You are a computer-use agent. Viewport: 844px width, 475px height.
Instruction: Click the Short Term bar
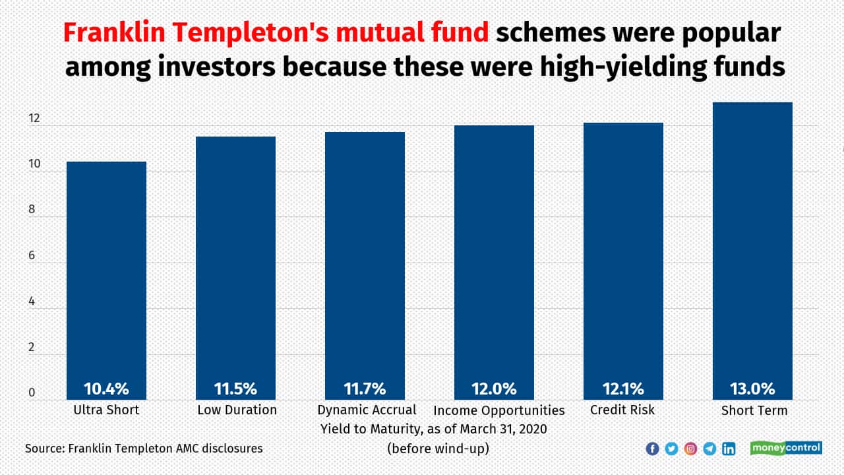tap(752, 251)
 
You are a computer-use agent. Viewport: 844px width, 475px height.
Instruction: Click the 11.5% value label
tap(235, 389)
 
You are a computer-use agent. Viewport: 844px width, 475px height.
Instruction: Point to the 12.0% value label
tap(494, 389)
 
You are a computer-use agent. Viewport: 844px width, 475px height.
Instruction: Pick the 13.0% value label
tap(752, 389)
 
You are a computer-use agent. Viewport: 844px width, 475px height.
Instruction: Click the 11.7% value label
tap(365, 389)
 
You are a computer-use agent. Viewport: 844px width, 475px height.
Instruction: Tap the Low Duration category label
tap(237, 410)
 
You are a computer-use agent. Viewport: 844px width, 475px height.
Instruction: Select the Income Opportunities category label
tap(499, 410)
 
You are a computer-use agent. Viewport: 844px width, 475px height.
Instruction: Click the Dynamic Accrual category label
tap(367, 410)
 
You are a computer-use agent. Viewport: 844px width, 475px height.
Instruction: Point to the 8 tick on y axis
tap(31, 210)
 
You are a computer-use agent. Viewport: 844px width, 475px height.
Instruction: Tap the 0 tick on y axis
tap(31, 393)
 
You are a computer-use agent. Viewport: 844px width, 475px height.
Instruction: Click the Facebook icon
tap(652, 449)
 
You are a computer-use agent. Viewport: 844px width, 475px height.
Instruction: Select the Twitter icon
tap(671, 449)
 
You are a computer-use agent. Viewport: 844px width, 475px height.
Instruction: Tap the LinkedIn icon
tap(729, 449)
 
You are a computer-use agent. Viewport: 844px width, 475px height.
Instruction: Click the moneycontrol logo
tap(786, 448)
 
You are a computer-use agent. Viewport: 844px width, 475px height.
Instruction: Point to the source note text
tap(144, 449)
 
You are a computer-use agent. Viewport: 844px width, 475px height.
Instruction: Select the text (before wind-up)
tap(438, 448)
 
